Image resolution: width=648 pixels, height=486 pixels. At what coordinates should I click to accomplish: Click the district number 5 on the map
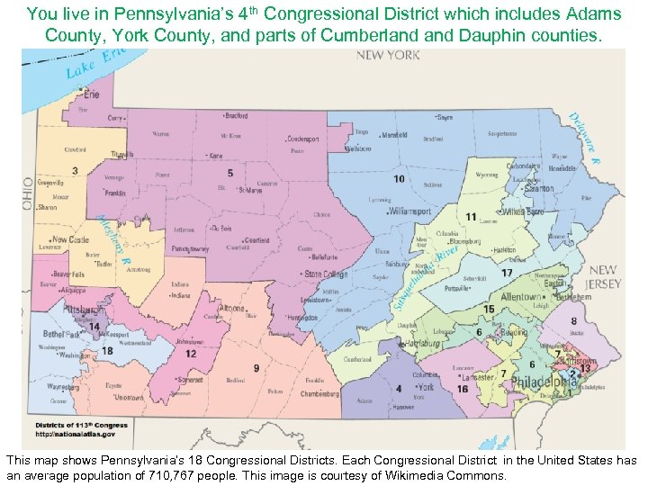pos(230,173)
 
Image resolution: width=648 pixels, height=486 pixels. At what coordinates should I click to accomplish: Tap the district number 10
pos(398,179)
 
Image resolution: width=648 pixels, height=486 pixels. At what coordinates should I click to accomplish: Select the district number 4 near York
pos(399,389)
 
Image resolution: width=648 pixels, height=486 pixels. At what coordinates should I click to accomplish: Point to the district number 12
pos(191,354)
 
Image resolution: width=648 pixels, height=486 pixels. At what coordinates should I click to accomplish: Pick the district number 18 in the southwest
pos(106,350)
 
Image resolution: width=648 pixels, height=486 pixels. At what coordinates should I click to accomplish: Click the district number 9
pos(256,368)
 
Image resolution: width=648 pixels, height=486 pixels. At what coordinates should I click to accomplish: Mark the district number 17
pos(508,273)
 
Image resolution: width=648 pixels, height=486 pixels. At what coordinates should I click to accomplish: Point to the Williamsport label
pos(410,211)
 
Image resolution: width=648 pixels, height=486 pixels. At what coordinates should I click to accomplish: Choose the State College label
pos(326,274)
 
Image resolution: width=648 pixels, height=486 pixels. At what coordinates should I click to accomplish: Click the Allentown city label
pos(521,296)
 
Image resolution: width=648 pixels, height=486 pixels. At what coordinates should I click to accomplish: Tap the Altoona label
pos(231,308)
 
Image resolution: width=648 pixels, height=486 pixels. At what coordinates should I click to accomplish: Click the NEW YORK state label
pos(387,56)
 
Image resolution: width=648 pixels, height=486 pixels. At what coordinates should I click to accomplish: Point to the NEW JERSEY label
pos(603,276)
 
